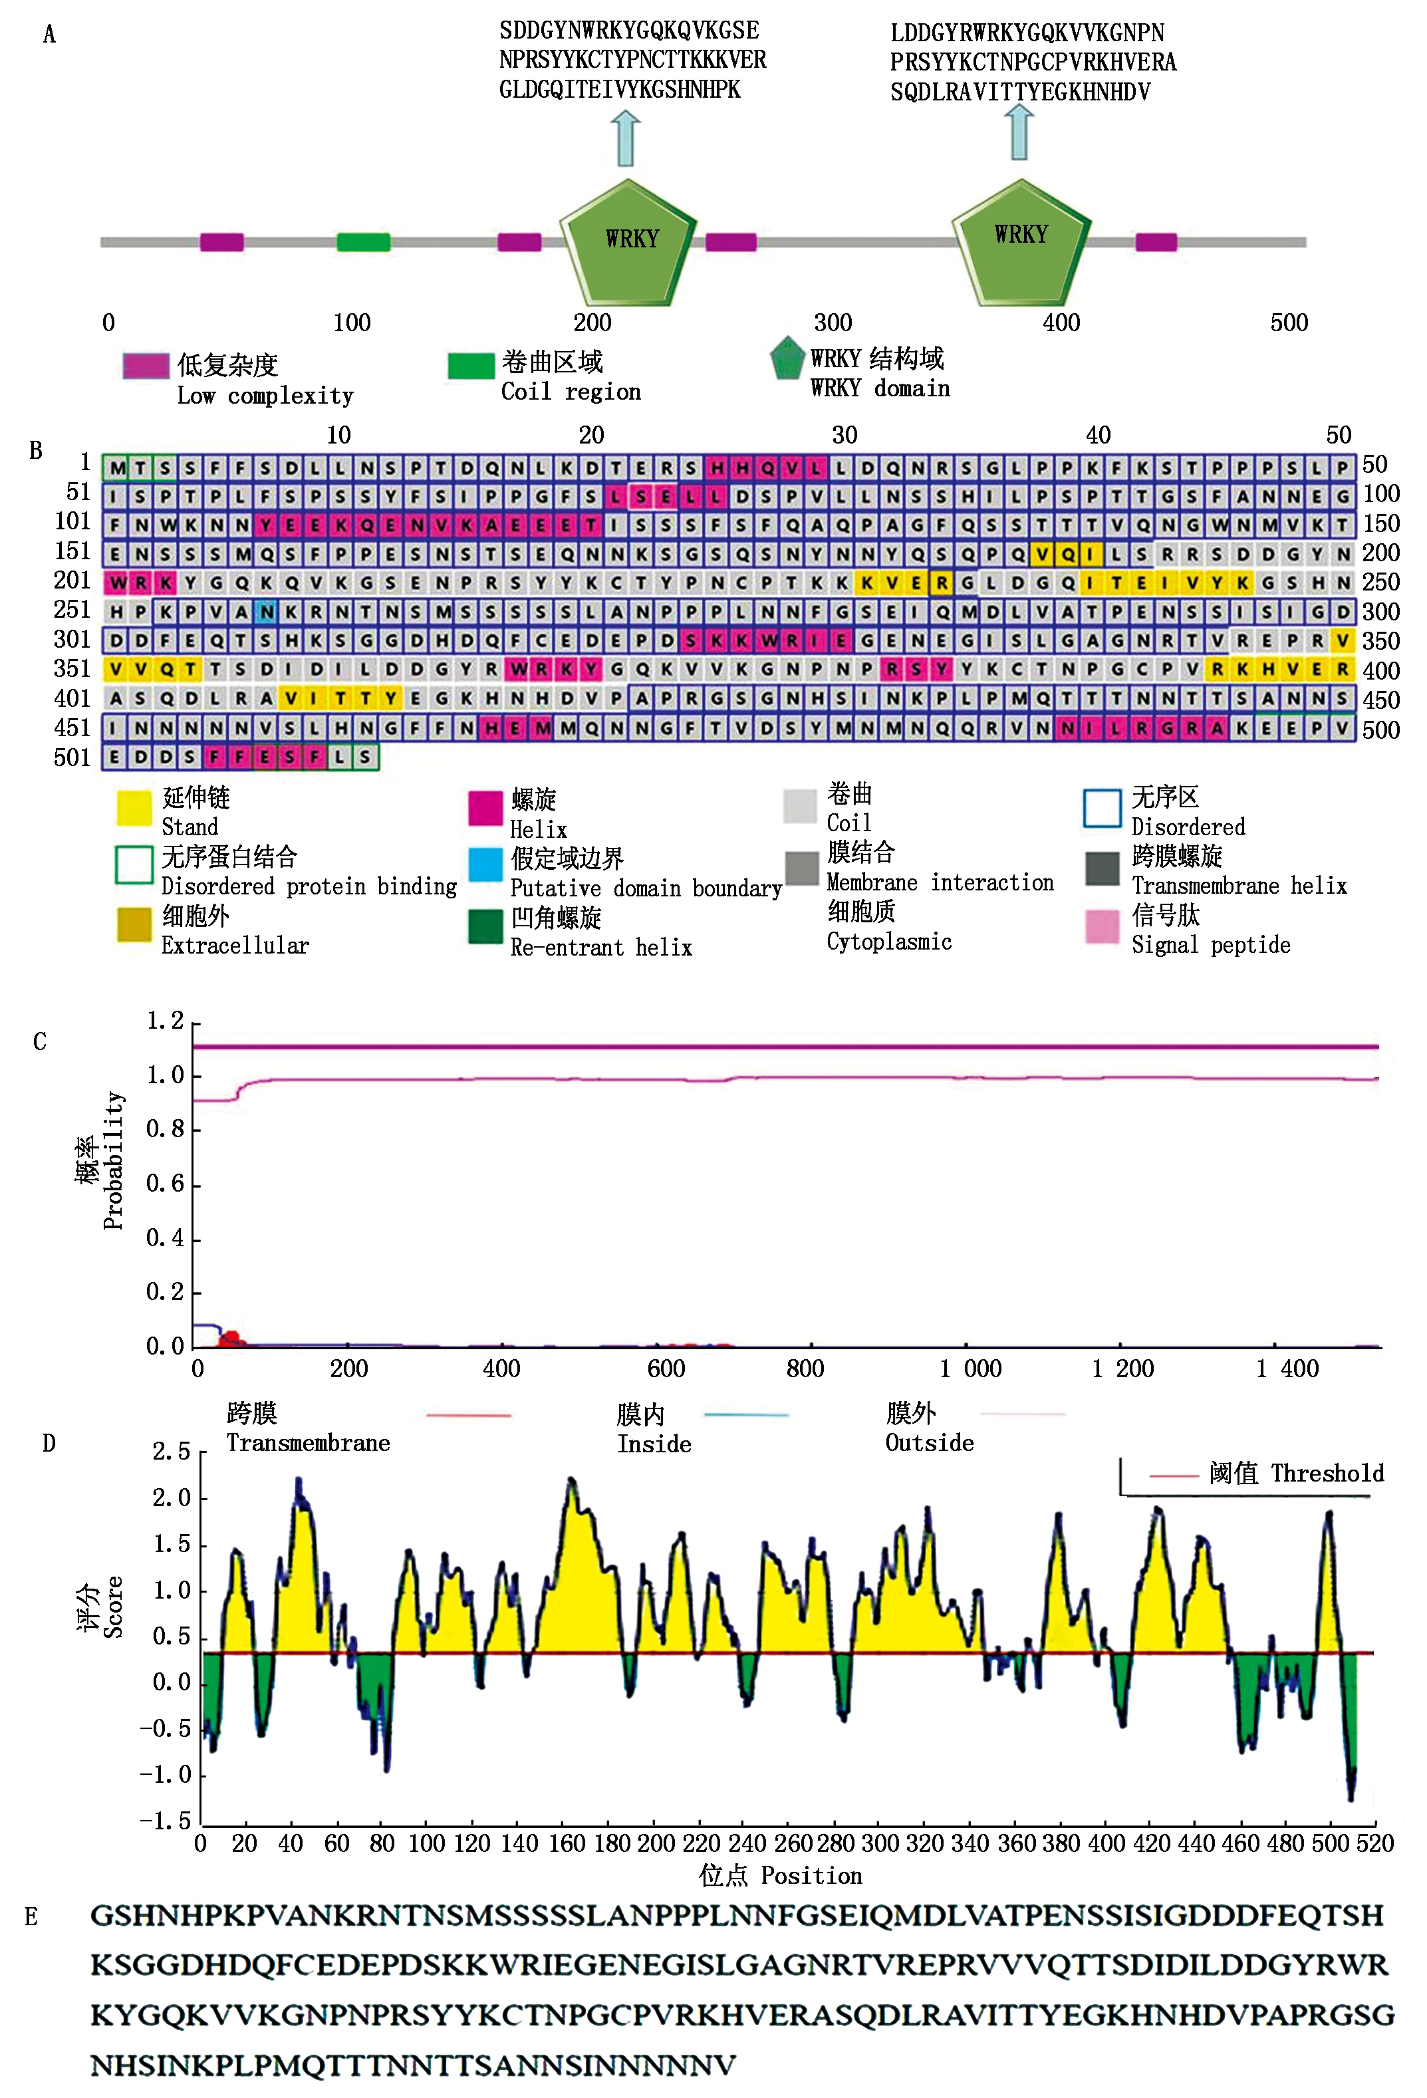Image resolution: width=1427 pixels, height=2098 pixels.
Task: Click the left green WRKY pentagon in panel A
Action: (628, 242)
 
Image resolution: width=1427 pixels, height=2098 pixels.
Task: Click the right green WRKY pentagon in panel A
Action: (1020, 240)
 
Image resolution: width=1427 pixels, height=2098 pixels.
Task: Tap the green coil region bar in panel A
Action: (363, 242)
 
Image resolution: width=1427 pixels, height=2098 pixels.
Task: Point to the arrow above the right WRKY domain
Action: (1019, 132)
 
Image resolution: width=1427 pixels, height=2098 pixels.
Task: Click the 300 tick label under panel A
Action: (832, 323)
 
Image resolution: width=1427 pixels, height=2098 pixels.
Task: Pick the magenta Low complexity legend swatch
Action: (146, 366)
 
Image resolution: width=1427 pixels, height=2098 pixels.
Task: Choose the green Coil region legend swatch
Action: (470, 364)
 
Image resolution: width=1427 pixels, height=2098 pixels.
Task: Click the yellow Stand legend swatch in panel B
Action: (134, 808)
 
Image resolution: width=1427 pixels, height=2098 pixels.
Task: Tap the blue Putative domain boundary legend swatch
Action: (485, 864)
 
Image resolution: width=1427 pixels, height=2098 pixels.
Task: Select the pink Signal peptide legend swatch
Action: (1102, 926)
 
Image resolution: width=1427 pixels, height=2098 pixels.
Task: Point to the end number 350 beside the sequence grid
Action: (1380, 641)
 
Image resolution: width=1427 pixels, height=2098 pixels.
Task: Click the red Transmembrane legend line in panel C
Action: (468, 1414)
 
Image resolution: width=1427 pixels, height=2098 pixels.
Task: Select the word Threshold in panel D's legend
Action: (1327, 1474)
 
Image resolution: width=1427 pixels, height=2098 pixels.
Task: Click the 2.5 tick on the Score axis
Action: (171, 1452)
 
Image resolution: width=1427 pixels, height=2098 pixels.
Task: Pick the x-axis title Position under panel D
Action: (811, 1876)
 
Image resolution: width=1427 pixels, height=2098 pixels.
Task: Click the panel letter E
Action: (32, 1916)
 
